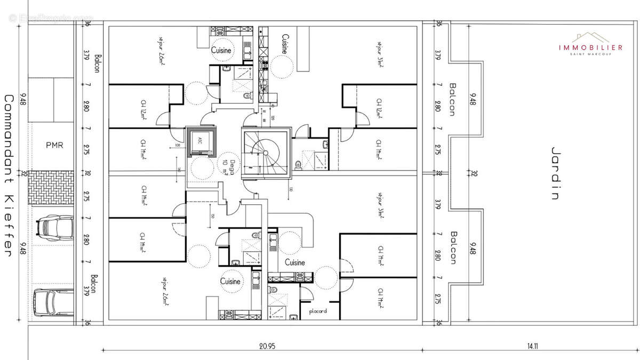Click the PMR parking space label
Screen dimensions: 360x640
click(x=54, y=145)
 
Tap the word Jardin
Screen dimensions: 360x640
click(x=555, y=173)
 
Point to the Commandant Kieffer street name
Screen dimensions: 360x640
click(x=9, y=176)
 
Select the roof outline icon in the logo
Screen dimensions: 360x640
click(x=590, y=37)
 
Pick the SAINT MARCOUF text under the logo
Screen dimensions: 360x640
click(x=590, y=54)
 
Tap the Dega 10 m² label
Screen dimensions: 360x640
click(x=228, y=167)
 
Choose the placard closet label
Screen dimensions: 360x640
click(x=317, y=311)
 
